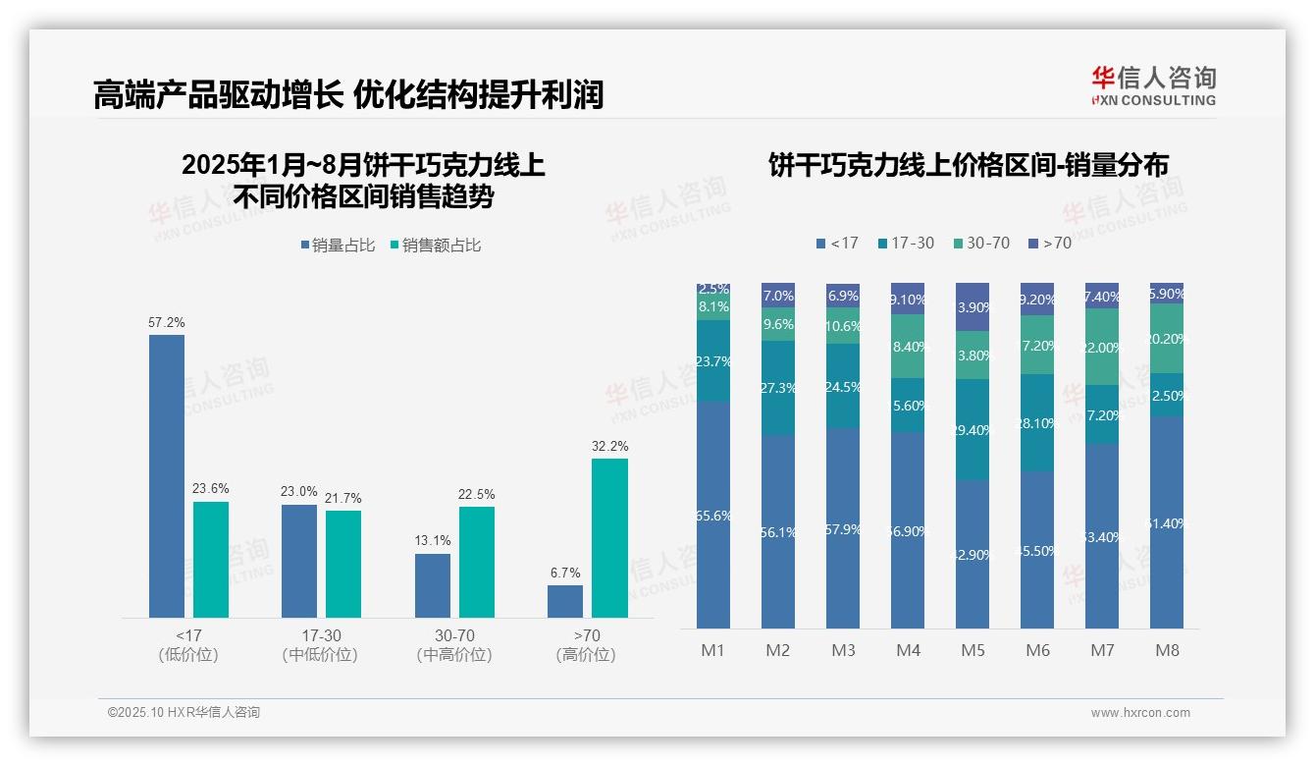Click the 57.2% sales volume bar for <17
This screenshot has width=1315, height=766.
click(166, 476)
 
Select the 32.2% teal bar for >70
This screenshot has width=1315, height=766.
click(609, 538)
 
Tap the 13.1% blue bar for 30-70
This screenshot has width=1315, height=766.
click(432, 585)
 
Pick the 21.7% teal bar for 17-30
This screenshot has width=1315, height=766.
click(343, 564)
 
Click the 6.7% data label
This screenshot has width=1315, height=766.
click(565, 573)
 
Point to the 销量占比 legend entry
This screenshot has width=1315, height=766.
click(338, 246)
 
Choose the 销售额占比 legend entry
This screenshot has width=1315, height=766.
click(436, 246)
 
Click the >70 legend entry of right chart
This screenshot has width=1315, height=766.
click(1049, 243)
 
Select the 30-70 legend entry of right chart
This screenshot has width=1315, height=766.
click(980, 243)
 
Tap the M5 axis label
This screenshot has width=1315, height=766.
click(973, 650)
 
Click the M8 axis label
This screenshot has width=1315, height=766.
click(1167, 650)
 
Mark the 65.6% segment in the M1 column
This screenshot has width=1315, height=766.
click(713, 515)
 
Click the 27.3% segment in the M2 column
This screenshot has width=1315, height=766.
click(778, 388)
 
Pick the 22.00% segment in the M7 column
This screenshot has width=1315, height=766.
click(1102, 347)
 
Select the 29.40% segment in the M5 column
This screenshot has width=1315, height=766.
click(973, 430)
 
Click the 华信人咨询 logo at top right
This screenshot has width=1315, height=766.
click(1154, 86)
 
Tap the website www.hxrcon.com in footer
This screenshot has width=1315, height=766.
click(1139, 713)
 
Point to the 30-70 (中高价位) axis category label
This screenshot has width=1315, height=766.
click(454, 645)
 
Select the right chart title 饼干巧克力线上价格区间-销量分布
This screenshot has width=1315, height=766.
click(968, 166)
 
